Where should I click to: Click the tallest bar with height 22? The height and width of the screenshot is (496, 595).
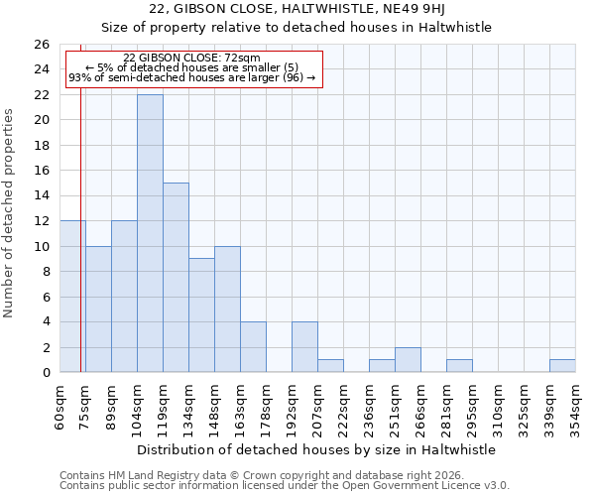pos(150,233)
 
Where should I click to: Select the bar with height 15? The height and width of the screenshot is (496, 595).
pos(176,278)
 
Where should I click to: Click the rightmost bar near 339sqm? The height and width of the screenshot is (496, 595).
pos(562,366)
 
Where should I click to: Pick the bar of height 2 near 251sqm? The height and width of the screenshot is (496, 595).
pos(408,360)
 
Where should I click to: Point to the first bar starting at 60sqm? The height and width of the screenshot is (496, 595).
pos(72,297)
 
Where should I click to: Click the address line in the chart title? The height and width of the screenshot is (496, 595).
pos(319,9)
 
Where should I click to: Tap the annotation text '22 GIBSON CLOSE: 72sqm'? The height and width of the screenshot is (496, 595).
pos(192,59)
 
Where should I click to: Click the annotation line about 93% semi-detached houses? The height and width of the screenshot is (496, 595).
pos(192,77)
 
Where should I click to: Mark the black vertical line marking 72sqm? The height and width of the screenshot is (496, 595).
pos(80,248)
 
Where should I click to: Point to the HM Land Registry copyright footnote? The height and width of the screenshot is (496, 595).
pos(252,475)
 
